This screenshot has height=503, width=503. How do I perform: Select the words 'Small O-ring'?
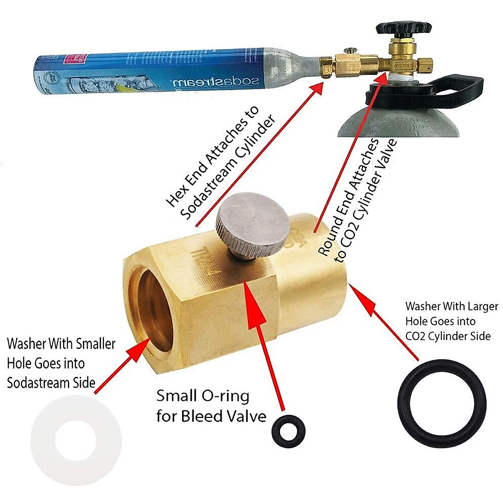[203, 396]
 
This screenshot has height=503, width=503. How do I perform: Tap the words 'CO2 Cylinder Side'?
[448, 336]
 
